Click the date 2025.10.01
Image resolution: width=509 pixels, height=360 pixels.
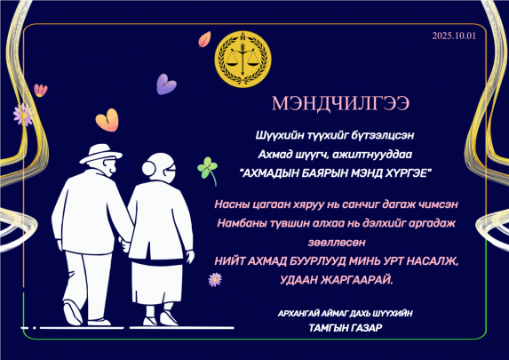tap(454, 36)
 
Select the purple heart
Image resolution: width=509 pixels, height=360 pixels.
tap(166, 84)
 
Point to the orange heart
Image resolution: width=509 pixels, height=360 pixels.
tap(107, 119)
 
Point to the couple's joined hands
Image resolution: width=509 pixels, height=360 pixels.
tap(124, 241)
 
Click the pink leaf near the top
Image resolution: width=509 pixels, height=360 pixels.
tap(204, 39)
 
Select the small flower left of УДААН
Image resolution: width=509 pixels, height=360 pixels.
tap(214, 279)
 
